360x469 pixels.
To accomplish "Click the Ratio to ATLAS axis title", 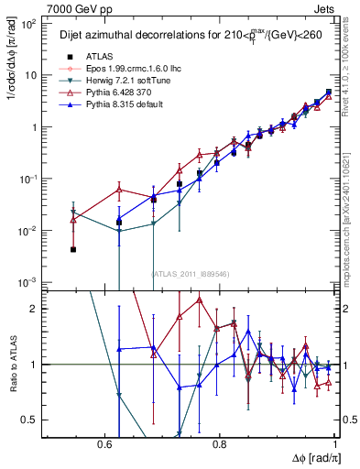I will click(13, 364).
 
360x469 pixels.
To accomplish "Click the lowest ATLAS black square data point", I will click(72, 249).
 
